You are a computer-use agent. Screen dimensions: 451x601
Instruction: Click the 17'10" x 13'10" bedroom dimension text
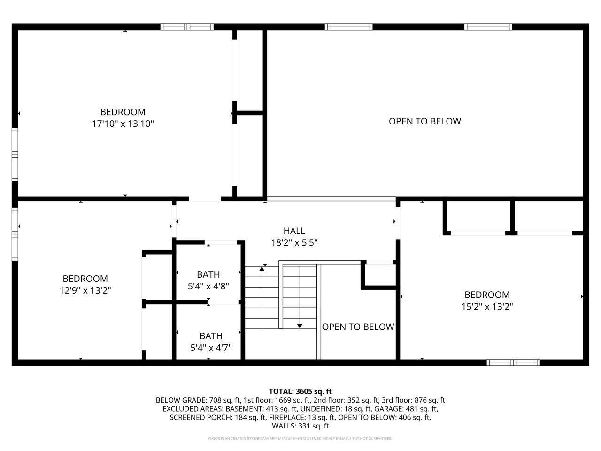click(123, 124)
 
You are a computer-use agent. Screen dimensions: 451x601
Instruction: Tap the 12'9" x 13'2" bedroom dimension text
click(85, 291)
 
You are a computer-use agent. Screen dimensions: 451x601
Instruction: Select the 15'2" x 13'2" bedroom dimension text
click(487, 307)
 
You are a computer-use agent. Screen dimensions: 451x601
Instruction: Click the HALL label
click(294, 231)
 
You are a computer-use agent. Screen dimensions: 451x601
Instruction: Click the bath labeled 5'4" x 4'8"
click(208, 280)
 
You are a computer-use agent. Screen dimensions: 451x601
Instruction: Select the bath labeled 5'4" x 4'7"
click(211, 342)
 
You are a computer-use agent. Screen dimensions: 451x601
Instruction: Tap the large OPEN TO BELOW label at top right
click(424, 121)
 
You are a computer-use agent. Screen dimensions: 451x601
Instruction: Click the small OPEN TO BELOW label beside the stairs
click(358, 327)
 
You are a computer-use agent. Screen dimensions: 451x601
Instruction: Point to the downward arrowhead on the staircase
click(300, 326)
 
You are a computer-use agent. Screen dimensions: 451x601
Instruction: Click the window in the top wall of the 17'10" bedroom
click(187, 27)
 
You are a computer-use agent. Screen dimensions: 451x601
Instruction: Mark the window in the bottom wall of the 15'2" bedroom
click(513, 363)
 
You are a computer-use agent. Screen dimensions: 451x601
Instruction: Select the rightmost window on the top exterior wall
click(488, 27)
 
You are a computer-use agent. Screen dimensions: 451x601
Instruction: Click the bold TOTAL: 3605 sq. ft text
click(300, 391)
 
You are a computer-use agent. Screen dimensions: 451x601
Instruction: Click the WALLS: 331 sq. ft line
click(300, 426)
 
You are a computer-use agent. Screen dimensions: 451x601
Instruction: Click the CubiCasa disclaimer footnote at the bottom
click(300, 439)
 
